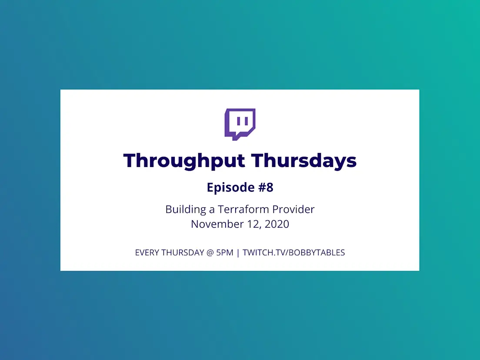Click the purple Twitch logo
(x=240, y=124)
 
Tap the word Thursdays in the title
(x=304, y=161)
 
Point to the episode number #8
(x=266, y=187)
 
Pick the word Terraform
(x=243, y=210)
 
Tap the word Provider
(x=293, y=210)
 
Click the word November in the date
(x=217, y=224)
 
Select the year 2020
(x=277, y=224)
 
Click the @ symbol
(x=210, y=253)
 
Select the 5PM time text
(x=225, y=253)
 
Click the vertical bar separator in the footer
(x=238, y=253)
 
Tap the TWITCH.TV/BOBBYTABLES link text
(x=294, y=253)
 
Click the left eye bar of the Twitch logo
(x=238, y=121)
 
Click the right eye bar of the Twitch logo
(x=247, y=121)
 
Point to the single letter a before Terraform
(x=212, y=210)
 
